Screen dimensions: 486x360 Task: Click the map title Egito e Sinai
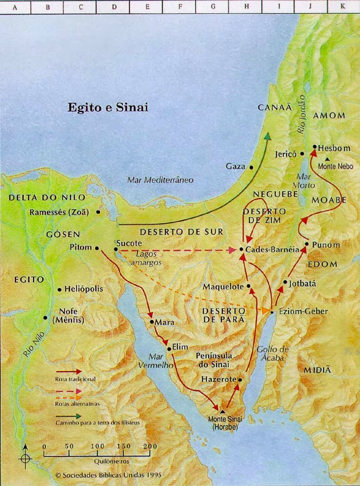point(108,107)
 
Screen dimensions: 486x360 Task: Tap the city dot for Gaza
point(252,167)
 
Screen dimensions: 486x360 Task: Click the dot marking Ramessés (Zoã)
point(98,212)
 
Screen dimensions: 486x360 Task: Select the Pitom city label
point(81,247)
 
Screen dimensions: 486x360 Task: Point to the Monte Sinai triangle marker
point(223,411)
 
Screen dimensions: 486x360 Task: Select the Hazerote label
point(218,379)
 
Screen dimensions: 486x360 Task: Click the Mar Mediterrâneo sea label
point(160,180)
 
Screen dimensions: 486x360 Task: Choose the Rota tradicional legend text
point(75,379)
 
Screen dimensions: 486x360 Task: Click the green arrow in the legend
point(68,416)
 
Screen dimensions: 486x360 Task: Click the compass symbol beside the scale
point(25,458)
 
